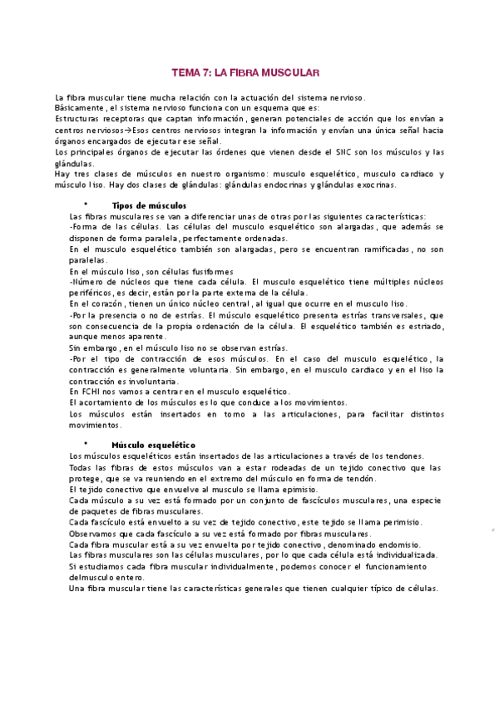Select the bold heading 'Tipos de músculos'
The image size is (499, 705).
coord(149,205)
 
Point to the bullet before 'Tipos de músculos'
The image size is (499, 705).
coord(86,205)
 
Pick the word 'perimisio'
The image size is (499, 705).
coord(396,522)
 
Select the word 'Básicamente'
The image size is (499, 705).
coord(79,108)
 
